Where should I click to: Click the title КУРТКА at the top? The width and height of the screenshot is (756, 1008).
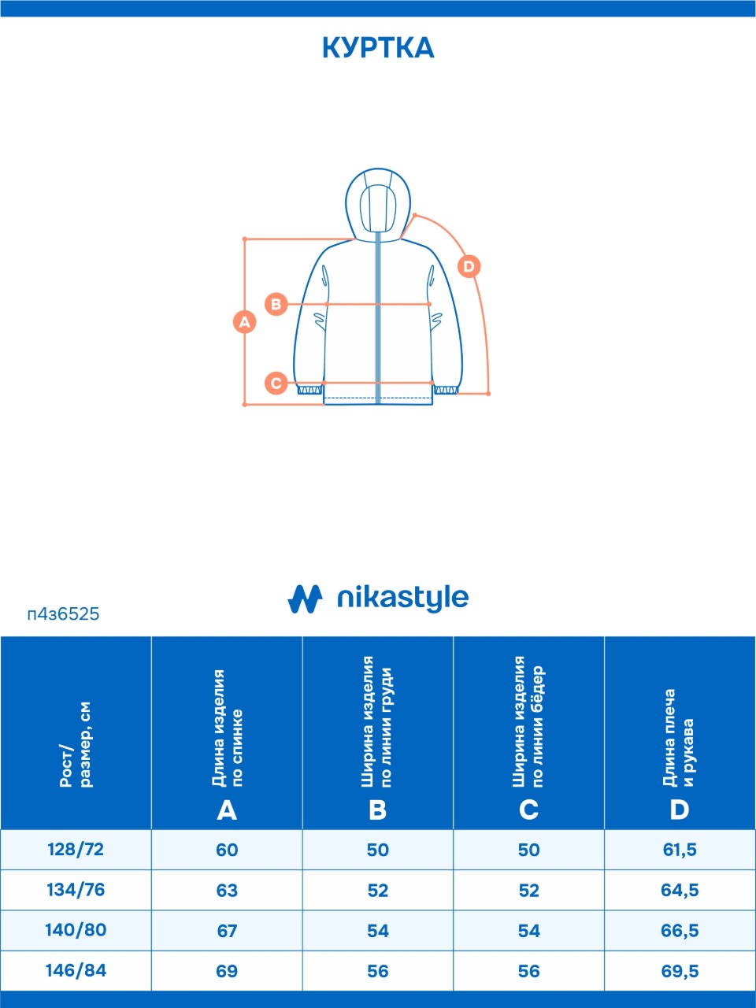[x=378, y=48]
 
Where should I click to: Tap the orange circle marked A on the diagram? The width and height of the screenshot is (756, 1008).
[x=245, y=322]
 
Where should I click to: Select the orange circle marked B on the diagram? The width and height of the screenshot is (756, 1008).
[x=276, y=304]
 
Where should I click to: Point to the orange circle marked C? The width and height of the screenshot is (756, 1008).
[x=276, y=383]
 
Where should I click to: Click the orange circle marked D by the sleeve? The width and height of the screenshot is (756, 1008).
[x=469, y=266]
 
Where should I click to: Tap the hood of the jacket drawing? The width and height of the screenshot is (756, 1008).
[x=378, y=204]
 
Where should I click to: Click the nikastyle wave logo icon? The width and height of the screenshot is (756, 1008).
[x=305, y=598]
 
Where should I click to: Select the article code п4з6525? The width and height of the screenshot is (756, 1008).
[x=63, y=614]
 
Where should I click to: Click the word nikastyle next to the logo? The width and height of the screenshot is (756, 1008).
[x=402, y=598]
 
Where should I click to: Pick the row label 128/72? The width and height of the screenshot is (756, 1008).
[x=76, y=850]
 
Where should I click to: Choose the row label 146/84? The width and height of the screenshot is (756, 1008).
[x=76, y=970]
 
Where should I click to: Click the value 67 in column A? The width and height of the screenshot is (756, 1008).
[x=228, y=931]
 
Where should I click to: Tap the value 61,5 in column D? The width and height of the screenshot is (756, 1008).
[x=680, y=850]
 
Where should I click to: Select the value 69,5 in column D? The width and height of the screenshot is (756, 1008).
[x=680, y=971]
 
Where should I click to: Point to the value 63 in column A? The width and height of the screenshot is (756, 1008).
[x=228, y=891]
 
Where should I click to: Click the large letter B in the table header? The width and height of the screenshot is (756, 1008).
[x=378, y=810]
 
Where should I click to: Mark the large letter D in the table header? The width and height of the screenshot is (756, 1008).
[x=680, y=810]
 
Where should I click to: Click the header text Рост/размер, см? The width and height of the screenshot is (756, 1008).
[x=76, y=744]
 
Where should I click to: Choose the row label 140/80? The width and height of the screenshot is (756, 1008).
[x=76, y=930]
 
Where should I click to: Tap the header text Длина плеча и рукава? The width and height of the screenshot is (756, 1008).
[x=679, y=738]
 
